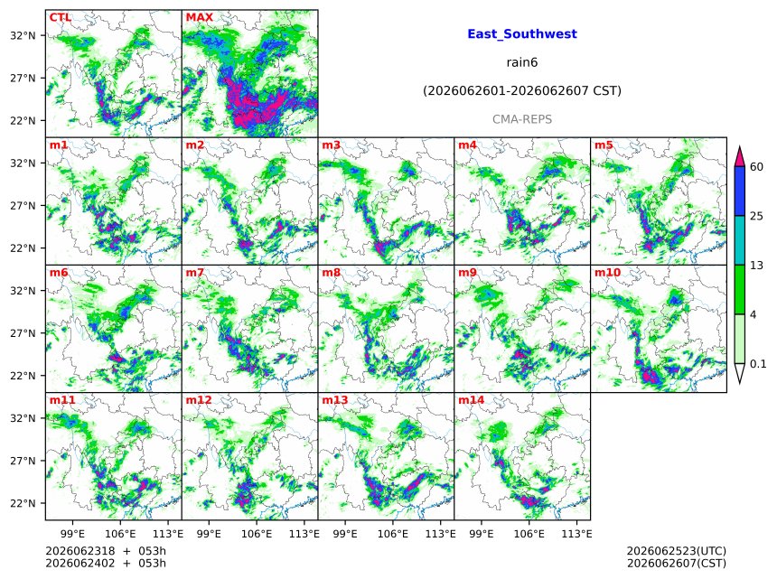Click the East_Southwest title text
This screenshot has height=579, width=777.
click(522, 34)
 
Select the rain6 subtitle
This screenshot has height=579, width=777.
click(522, 62)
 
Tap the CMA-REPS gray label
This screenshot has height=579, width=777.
click(522, 119)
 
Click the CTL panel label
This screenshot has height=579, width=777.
click(61, 17)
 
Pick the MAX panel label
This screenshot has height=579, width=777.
click(199, 17)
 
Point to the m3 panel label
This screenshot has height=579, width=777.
click(332, 145)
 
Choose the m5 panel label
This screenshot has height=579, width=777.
click(604, 145)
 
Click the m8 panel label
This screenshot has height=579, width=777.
click(332, 273)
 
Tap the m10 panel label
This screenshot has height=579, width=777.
click(607, 273)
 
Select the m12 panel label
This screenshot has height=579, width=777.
click(199, 400)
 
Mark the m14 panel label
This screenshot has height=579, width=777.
click(472, 400)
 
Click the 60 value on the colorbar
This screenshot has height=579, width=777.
click(757, 167)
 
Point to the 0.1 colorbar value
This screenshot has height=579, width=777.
click(758, 364)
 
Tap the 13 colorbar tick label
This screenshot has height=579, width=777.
click(757, 266)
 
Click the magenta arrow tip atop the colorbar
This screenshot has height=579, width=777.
click(740, 146)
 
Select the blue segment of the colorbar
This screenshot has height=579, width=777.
click(740, 191)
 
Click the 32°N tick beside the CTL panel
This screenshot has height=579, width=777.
click(23, 35)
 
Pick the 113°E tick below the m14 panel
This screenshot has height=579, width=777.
click(576, 534)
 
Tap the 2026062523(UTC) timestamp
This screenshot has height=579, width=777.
click(677, 551)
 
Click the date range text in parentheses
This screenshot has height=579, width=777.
click(522, 91)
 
